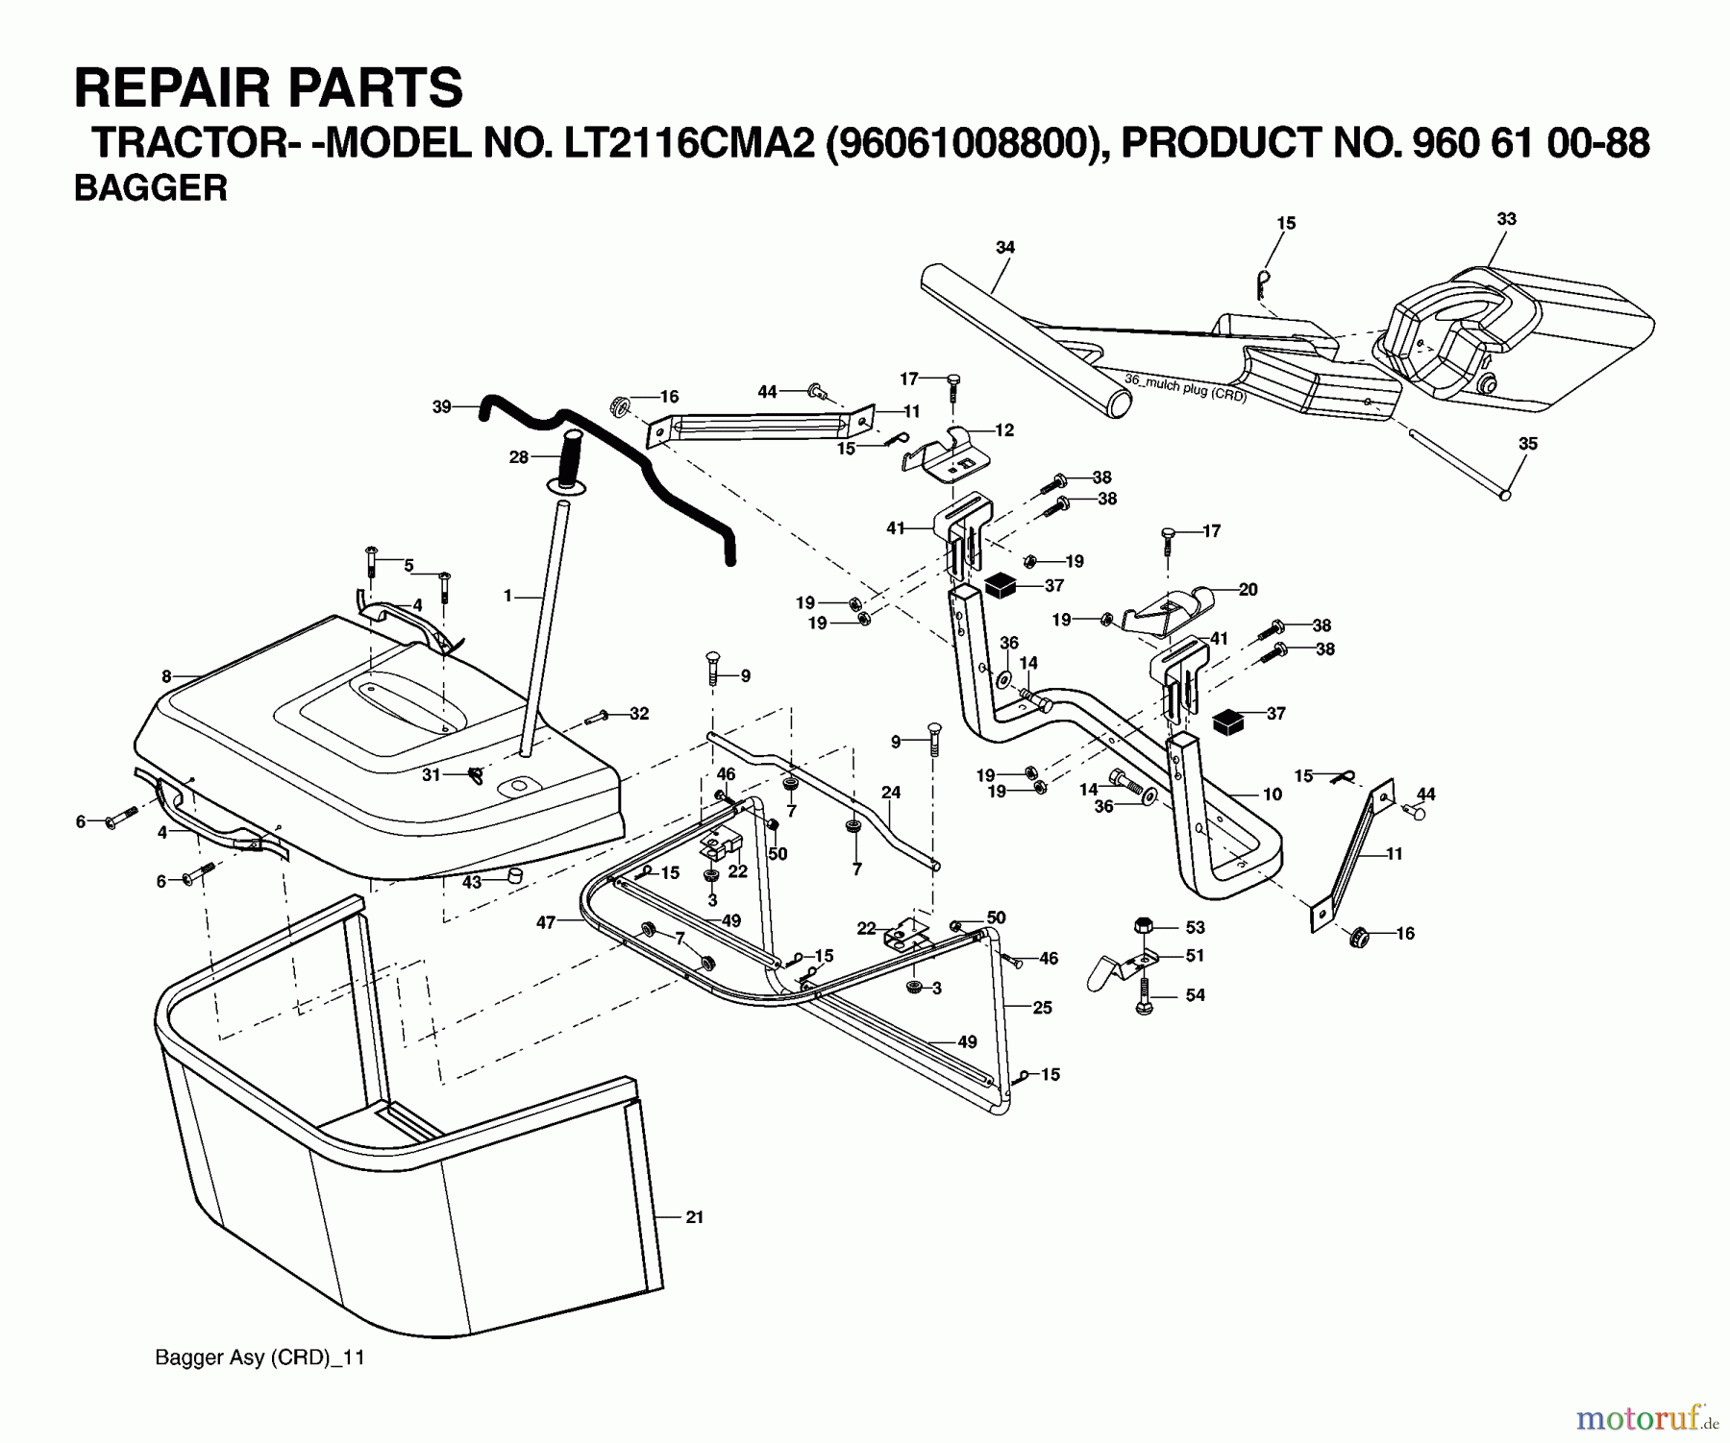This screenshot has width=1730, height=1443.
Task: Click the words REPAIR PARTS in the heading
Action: (268, 88)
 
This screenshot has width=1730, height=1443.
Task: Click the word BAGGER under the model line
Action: (150, 188)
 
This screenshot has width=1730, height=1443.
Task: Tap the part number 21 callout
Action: (695, 1217)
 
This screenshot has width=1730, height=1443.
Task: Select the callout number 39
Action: (442, 406)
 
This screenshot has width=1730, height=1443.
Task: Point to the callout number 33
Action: (1506, 219)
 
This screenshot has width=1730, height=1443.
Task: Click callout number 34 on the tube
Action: (1004, 248)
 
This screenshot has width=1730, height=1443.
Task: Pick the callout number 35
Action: (1528, 444)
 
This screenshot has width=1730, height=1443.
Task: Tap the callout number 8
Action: (166, 676)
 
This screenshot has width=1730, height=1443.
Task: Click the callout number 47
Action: (546, 922)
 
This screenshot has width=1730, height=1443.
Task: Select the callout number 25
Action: (1043, 1007)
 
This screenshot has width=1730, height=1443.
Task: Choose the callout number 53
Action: (1195, 927)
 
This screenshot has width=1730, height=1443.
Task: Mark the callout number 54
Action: (1195, 995)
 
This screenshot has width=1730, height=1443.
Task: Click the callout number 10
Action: (1273, 795)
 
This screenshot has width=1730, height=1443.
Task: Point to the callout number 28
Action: (519, 457)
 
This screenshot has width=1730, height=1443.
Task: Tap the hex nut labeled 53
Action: (1143, 927)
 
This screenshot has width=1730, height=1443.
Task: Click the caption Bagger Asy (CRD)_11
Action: (259, 1357)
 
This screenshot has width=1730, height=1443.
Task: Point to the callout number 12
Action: (1004, 430)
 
